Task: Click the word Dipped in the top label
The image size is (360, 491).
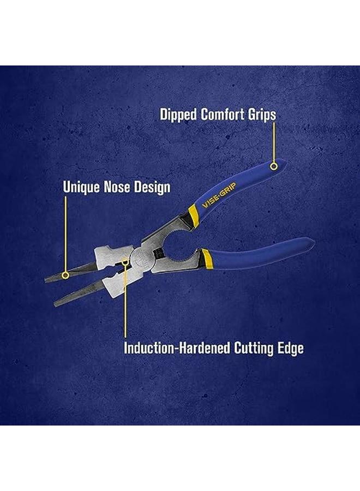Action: coord(178,115)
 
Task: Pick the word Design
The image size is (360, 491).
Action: coord(151,187)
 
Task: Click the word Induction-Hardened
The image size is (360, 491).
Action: coord(175,348)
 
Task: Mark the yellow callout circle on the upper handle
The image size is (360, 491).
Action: coord(274,166)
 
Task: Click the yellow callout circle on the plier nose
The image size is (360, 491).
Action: coord(65,276)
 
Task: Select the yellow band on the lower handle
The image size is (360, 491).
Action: coord(207,254)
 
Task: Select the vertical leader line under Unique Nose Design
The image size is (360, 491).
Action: coord(65,235)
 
